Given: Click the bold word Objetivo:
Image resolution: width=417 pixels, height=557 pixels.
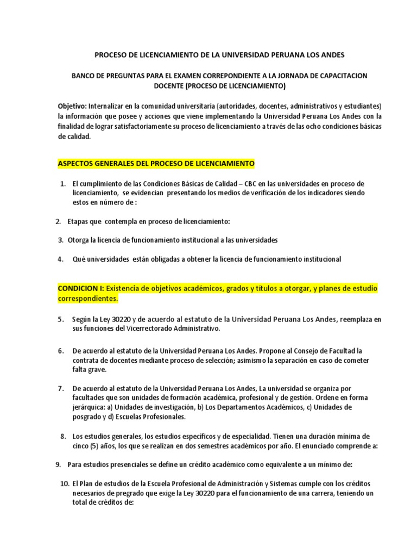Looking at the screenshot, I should click(x=72, y=106).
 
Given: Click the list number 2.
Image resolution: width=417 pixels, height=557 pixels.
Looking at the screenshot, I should click(x=58, y=221).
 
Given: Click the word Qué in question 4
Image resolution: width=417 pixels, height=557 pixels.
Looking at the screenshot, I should click(x=80, y=259).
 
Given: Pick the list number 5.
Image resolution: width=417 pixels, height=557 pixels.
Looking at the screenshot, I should click(x=61, y=319).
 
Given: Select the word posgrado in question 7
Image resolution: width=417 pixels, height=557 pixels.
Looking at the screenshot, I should click(x=86, y=417).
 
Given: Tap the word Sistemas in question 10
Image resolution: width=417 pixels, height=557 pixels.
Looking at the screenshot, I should click(x=288, y=484).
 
